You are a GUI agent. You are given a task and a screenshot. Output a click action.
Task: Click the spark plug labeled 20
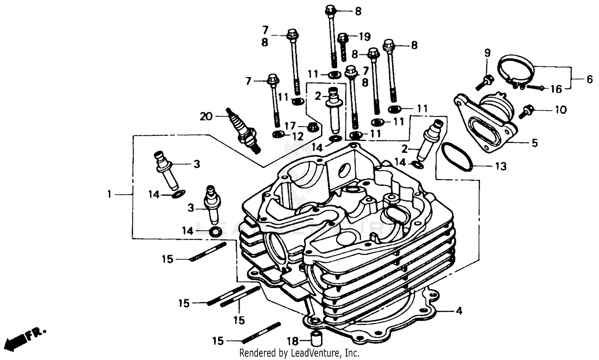click(243, 130)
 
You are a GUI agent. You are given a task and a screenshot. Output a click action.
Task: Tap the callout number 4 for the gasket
click(459, 310)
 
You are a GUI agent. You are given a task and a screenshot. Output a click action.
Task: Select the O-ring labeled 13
click(457, 157)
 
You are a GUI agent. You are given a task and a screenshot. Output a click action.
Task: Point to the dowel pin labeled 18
click(316, 338)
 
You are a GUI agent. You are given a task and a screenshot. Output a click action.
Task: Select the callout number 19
click(364, 37)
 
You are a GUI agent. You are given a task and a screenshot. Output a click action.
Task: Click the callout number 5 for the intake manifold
click(535, 143)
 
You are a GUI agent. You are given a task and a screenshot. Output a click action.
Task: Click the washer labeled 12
click(278, 133)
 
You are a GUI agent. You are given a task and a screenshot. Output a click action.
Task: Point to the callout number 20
click(206, 116)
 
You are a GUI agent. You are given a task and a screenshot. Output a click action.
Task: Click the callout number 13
click(501, 166)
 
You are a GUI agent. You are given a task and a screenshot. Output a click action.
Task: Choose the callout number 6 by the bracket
click(590, 80)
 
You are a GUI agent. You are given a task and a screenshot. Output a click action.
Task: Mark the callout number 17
click(290, 126)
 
